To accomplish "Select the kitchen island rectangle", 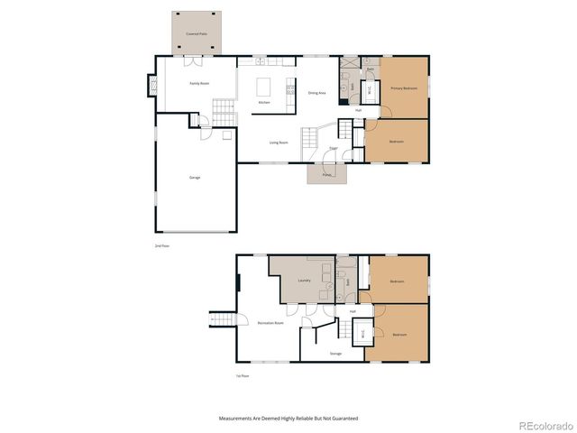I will tap(265, 88).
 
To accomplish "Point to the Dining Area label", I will tap(316, 92).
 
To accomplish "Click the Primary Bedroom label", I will tap(403, 88).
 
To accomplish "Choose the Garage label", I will tap(195, 177).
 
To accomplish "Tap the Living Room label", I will tap(279, 143).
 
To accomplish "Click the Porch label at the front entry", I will tap(326, 174).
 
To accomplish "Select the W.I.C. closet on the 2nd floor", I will tap(369, 91).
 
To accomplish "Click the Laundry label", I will tap(304, 281).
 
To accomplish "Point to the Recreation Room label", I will tap(270, 322).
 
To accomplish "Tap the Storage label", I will tap(335, 353).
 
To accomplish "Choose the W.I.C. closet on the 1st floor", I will tap(362, 332).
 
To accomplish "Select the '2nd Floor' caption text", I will tap(161, 245).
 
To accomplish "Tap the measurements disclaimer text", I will tap(288, 419).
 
